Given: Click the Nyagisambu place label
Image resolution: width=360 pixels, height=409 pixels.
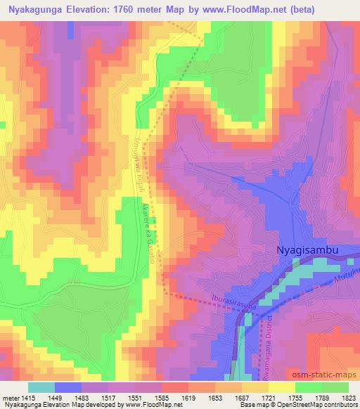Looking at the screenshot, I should (x=310, y=249).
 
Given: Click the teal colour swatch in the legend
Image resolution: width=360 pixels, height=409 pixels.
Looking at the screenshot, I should (x=41, y=387).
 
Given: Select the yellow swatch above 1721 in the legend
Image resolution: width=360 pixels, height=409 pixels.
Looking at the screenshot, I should (x=281, y=387).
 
